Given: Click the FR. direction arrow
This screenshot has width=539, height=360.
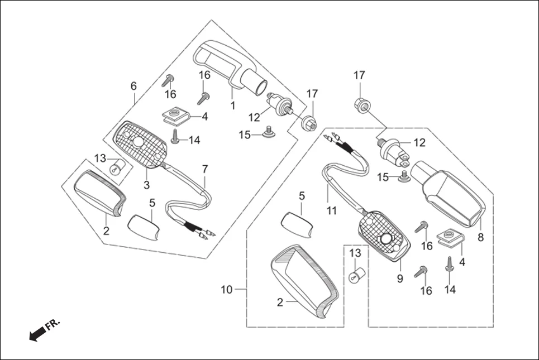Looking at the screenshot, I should (38, 334).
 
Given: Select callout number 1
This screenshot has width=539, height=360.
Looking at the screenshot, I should (232, 105).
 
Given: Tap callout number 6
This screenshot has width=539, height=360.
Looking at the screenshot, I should (133, 86).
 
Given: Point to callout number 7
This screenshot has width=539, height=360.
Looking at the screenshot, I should (205, 168).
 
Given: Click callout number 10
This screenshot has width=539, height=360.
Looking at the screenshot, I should (226, 290).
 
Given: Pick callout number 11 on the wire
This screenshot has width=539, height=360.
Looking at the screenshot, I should (332, 210).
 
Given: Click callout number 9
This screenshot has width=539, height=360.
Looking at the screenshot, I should (400, 279).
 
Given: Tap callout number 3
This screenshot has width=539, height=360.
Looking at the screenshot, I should (147, 185).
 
